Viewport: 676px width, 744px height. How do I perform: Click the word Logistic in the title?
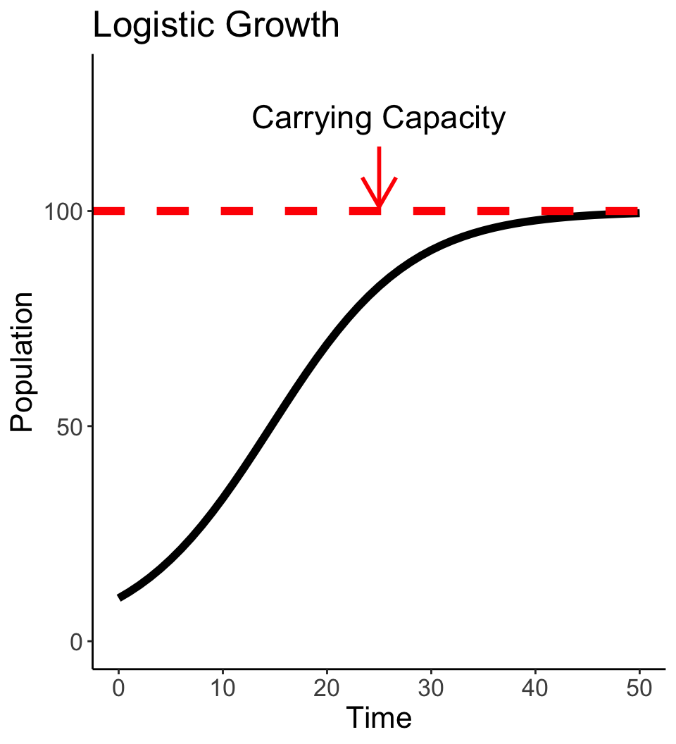pos(145,27)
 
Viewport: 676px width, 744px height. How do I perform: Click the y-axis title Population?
pos(22,361)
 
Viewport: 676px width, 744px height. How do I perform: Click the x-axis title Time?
pos(380,718)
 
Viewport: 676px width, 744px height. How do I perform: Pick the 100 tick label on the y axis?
pos(65,211)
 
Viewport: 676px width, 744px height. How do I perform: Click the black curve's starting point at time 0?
pos(120,597)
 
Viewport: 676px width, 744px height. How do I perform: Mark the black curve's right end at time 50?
pos(638,213)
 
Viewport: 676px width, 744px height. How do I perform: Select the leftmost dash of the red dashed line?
pos(109,211)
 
